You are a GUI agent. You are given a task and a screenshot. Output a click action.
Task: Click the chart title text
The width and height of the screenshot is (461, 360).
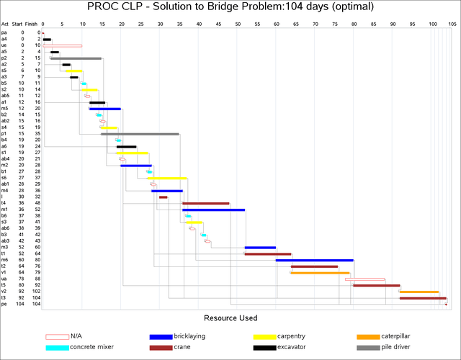[x=230, y=8]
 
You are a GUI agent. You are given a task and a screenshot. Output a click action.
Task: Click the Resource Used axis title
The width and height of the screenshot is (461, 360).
[x=230, y=318]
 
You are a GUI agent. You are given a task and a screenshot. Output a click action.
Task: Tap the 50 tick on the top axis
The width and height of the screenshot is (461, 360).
[x=238, y=24]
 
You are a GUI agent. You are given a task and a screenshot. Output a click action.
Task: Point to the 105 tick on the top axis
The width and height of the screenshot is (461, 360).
[x=452, y=24]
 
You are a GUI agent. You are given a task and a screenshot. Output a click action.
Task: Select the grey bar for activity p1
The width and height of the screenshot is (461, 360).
[x=140, y=134]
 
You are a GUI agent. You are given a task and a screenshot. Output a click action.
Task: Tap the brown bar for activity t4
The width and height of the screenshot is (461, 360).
[x=206, y=203]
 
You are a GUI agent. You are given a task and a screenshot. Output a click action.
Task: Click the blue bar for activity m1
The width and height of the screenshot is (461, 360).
[x=214, y=210]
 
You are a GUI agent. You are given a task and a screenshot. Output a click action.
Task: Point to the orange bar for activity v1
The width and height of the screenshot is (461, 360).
[x=320, y=273]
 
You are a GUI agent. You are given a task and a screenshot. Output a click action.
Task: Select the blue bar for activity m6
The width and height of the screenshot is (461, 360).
[x=315, y=260]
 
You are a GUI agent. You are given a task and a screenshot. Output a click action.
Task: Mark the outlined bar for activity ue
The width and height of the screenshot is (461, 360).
[x=62, y=45]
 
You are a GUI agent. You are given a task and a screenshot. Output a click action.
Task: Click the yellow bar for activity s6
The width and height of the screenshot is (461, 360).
[x=167, y=178]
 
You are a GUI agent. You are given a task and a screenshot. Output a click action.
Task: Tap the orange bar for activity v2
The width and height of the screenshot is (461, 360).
[x=419, y=292]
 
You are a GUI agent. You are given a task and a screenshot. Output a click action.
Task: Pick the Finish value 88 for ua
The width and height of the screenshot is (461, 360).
[x=37, y=279]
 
